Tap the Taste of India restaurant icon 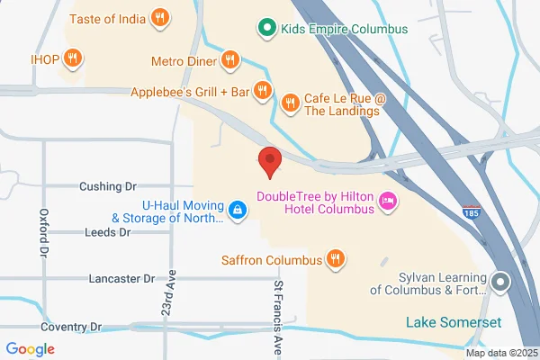tap(159, 17)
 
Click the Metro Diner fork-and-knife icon tap(229, 60)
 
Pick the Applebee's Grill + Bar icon tap(262, 90)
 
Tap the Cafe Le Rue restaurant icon tap(290, 102)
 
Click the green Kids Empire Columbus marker tap(265, 28)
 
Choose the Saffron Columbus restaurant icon tap(335, 260)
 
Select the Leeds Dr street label tap(107, 232)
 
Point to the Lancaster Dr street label tap(121, 279)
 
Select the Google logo tap(31, 349)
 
